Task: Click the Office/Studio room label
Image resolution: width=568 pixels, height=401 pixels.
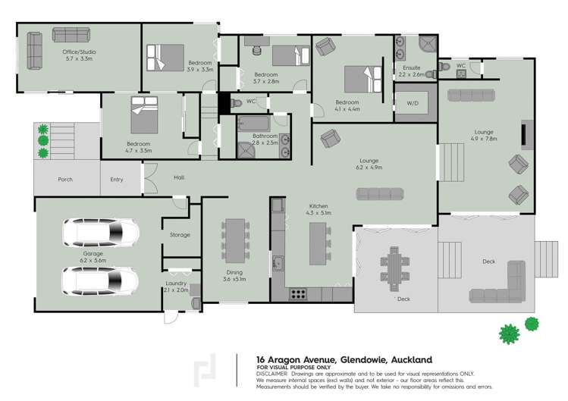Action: click(79, 52)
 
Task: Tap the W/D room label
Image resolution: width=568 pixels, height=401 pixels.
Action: click(413, 103)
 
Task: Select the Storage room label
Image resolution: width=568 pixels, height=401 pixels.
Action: click(180, 235)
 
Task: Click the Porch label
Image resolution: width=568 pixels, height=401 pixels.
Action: click(65, 180)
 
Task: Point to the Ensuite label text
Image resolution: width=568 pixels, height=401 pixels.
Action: click(412, 67)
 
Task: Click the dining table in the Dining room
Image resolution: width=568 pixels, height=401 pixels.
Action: click(235, 241)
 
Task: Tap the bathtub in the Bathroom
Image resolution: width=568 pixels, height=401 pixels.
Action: click(254, 124)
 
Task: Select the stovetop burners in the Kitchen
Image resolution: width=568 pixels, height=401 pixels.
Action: click(298, 294)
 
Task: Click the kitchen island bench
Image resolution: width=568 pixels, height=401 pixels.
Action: click(318, 244)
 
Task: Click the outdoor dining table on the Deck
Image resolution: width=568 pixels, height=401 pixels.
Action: click(394, 269)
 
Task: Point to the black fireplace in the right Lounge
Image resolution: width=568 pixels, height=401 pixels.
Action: click(524, 135)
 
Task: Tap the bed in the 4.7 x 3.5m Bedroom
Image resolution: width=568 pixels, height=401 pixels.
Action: click(144, 114)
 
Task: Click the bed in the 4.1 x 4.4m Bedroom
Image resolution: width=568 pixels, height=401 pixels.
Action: click(363, 80)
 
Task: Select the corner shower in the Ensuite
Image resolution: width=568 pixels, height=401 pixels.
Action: click(428, 44)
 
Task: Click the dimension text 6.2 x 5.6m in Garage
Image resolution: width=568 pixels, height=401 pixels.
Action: click(93, 261)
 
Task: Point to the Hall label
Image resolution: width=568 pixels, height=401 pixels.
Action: click(179, 177)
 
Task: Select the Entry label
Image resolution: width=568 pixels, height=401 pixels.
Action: click(117, 180)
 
